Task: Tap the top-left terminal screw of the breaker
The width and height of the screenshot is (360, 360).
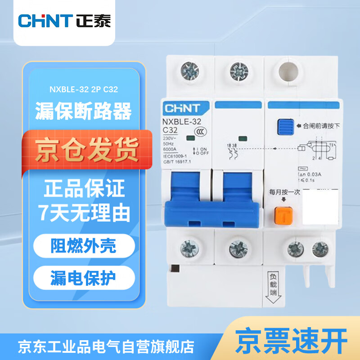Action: [x=189, y=70]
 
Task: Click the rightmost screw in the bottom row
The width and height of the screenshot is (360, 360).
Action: [x=319, y=247]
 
